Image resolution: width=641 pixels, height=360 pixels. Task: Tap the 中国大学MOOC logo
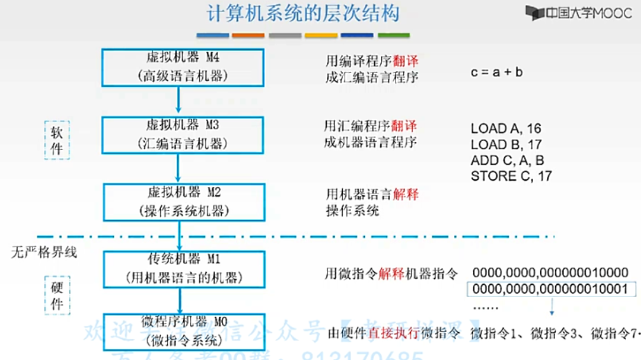coord(578,12)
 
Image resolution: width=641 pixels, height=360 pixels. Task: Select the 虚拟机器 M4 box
coord(183,67)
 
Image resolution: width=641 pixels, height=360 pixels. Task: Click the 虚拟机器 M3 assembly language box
coord(183,134)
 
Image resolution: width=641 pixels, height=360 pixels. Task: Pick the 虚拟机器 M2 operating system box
coord(183,201)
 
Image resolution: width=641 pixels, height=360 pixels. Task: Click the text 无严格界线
coord(44,253)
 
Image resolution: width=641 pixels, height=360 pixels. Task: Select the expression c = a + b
coord(497,73)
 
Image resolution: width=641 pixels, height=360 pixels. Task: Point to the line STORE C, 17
coord(511,176)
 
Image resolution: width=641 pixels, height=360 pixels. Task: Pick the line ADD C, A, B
coord(507,160)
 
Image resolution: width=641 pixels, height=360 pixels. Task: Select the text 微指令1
coord(493,333)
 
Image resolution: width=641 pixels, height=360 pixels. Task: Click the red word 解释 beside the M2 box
coord(406,194)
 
